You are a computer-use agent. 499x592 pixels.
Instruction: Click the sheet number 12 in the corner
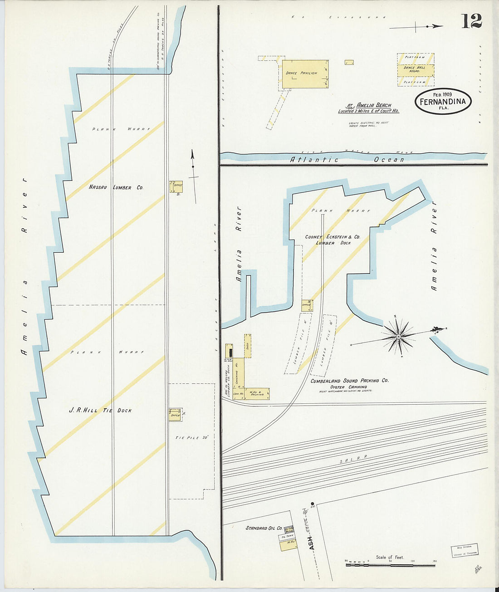[x=471, y=21]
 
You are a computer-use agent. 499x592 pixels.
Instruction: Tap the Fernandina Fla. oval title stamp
[x=443, y=101]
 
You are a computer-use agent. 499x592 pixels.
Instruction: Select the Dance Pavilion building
[x=305, y=73]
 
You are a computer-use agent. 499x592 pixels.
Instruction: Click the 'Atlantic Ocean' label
[x=347, y=160]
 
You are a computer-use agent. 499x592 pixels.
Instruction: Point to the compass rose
[x=398, y=336]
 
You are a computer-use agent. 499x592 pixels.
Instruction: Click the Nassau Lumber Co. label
[x=116, y=187]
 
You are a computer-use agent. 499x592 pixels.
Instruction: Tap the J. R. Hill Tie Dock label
[x=100, y=410]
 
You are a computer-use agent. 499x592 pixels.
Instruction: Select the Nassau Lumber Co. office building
[x=176, y=186]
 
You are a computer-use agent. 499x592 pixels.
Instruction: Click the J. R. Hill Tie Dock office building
[x=175, y=415]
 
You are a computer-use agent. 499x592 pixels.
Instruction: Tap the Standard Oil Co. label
[x=264, y=528]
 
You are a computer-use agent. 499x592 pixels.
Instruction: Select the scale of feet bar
[x=390, y=565]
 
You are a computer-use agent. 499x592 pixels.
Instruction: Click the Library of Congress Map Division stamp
[x=464, y=551]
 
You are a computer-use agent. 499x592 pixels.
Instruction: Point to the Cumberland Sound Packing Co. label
[x=349, y=381]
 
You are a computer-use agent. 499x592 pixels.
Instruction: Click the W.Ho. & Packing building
[x=257, y=393]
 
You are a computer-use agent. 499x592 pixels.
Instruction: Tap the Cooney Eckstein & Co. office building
[x=307, y=305]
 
